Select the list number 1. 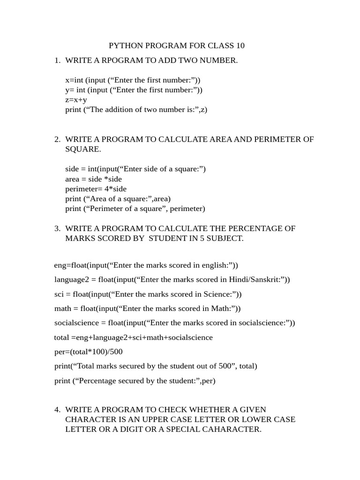pyautogui.click(x=57, y=60)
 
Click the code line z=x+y pyautogui.click(x=76, y=99)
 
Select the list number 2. pyautogui.click(x=57, y=139)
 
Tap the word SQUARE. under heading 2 pyautogui.click(x=83, y=149)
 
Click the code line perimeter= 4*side pyautogui.click(x=96, y=188)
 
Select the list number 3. pyautogui.click(x=57, y=228)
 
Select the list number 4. pyautogui.click(x=57, y=409)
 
